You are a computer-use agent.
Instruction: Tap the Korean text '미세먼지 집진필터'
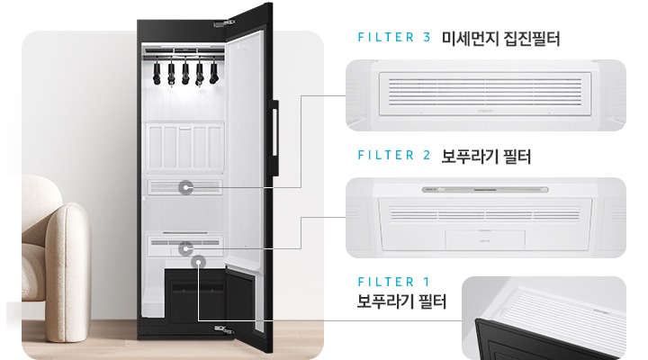click(501, 40)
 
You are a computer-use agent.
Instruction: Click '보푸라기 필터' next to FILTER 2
click(487, 156)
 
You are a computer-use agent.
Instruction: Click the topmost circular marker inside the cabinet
click(186, 187)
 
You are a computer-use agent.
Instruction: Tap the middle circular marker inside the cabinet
click(186, 247)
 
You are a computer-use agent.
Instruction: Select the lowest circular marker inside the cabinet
click(196, 261)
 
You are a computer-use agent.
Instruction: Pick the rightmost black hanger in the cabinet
click(214, 72)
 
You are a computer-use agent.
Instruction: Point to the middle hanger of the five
click(185, 72)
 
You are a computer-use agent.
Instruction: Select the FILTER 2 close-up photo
click(486, 216)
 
